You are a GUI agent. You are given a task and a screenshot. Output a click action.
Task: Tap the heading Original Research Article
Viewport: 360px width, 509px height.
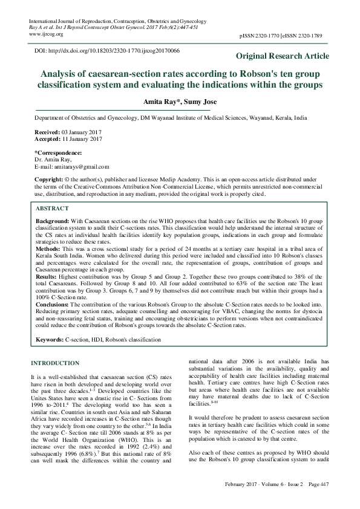283,56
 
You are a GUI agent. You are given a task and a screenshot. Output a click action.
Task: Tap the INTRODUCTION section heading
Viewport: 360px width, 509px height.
54,363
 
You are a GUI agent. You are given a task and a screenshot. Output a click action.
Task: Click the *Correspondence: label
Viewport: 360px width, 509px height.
57,153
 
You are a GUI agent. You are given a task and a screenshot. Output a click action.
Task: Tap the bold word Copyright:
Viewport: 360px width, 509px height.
50,180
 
